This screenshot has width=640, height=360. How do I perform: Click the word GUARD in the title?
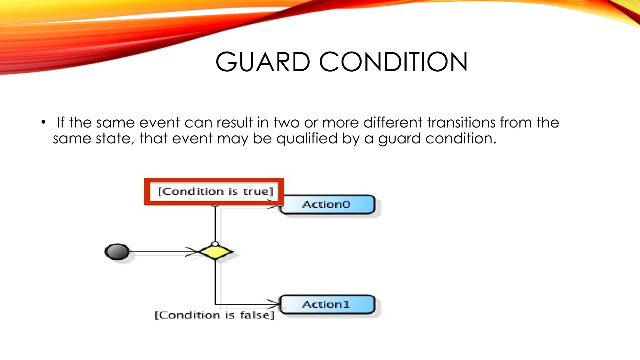[x=262, y=62]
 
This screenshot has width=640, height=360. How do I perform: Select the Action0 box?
[x=327, y=205]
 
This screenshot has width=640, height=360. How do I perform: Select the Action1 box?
[x=327, y=304]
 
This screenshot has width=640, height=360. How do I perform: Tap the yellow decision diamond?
[x=215, y=252]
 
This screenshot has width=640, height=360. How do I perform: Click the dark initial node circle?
[x=117, y=252]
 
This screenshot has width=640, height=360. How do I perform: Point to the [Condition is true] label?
[x=215, y=191]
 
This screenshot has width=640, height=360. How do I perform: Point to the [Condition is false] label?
[x=214, y=315]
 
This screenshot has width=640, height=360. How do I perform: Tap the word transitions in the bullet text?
[x=461, y=122]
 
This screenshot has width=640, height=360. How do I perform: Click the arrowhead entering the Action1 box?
[x=274, y=304]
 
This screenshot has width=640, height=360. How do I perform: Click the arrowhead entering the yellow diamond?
[x=194, y=252]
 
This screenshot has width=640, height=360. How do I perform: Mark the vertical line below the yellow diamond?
[x=215, y=281]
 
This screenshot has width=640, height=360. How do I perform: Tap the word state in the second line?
[x=114, y=138]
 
